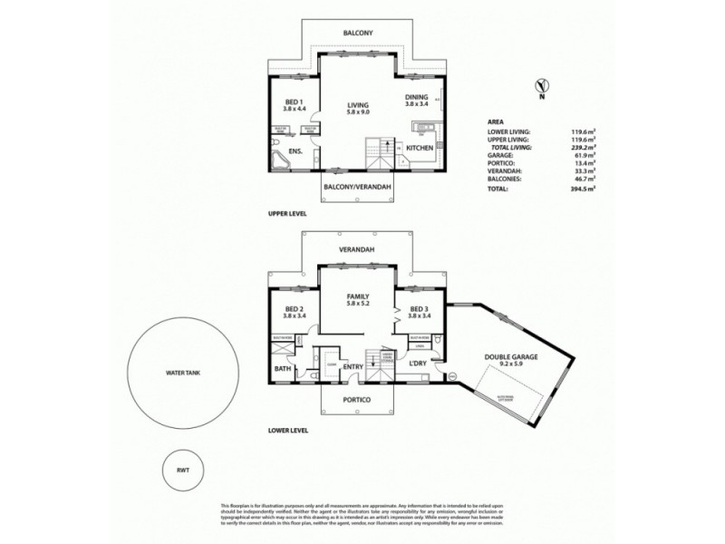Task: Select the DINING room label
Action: tap(419, 101)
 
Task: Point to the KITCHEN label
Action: tap(420, 147)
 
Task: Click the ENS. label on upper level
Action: tap(295, 151)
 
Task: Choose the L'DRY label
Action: tap(418, 364)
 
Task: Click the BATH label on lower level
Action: tap(282, 369)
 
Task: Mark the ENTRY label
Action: tap(353, 366)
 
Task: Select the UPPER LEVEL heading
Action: tap(287, 214)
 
